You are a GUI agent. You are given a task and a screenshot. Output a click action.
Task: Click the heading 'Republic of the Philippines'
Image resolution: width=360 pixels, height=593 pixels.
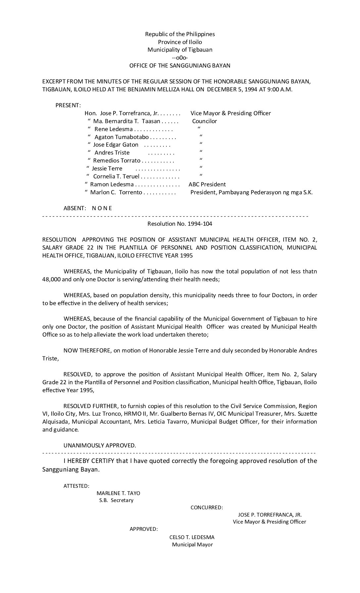coord(180,34)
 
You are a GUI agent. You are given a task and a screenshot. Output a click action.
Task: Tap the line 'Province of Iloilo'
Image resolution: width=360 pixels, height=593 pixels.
coord(180,42)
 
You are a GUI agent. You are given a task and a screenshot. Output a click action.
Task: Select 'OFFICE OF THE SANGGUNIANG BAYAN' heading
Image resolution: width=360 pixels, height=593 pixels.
coord(180,66)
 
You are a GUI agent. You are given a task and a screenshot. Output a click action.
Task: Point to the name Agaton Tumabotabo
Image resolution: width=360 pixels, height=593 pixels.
coord(121,137)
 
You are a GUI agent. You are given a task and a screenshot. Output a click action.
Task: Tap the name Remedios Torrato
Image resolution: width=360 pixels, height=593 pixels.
coord(116,161)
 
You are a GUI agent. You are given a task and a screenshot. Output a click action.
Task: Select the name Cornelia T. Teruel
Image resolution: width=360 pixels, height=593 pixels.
coord(116,177)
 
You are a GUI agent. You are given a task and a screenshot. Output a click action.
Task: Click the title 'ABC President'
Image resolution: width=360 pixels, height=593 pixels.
coord(207,184)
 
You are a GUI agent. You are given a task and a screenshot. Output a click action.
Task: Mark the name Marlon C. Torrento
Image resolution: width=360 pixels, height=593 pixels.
coord(116,192)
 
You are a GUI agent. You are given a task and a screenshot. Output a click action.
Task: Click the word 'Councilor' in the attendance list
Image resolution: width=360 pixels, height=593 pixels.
coord(204,121)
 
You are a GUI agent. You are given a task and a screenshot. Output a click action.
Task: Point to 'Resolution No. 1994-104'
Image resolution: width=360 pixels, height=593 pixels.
coord(180,224)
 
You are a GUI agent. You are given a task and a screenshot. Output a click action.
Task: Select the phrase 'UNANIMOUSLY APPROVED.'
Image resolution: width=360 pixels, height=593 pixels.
coord(100,445)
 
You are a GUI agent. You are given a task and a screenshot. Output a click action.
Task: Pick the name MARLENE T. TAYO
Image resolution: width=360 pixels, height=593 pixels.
coord(118,493)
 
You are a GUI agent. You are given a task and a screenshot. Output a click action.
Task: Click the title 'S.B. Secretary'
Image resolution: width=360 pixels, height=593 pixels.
coord(116,500)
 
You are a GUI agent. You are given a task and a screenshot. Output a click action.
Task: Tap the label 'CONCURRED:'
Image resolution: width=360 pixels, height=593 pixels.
coord(206,508)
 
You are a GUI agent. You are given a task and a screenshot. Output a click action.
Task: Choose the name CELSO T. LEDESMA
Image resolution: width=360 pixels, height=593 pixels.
coord(192,537)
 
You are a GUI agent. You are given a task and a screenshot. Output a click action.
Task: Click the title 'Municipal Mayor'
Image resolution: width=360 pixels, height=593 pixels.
coord(192,545)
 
